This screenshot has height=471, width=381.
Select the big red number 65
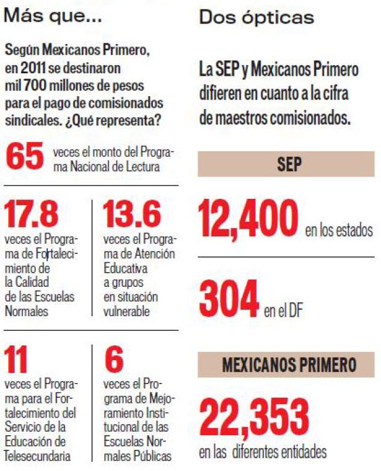tap(25, 157)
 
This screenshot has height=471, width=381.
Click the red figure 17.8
tap(32, 215)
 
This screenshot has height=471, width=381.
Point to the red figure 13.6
tap(131, 215)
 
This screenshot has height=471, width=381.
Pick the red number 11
tap(16, 360)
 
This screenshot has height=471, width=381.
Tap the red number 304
tap(229, 299)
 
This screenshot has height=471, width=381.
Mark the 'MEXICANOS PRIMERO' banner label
tap(288, 365)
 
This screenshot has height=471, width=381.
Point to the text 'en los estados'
tap(338, 230)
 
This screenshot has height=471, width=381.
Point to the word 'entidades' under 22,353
tap(298, 452)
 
